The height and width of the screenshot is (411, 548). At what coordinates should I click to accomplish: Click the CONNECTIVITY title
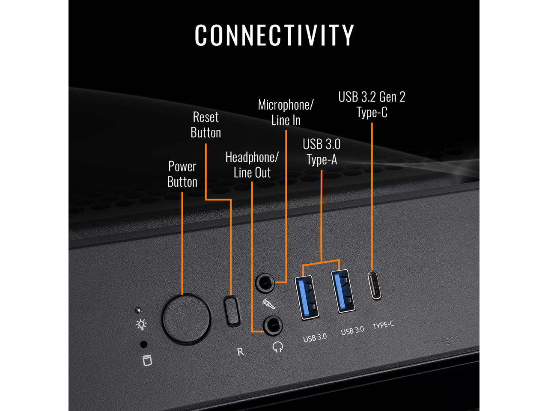tap(274, 35)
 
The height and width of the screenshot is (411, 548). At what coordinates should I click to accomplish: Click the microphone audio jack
tap(265, 283)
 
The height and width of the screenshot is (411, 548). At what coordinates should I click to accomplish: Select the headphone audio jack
tap(272, 326)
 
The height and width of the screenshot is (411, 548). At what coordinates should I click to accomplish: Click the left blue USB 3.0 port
tap(307, 298)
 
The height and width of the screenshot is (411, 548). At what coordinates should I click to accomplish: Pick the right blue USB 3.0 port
tap(343, 291)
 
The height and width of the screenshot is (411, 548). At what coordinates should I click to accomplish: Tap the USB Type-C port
tap(375, 285)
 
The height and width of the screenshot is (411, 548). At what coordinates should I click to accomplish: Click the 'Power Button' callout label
tap(182, 174)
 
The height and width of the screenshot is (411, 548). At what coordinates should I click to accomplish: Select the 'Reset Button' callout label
tap(206, 125)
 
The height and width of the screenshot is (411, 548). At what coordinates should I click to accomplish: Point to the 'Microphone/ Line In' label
tap(286, 113)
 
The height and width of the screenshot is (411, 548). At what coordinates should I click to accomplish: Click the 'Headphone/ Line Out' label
tap(252, 165)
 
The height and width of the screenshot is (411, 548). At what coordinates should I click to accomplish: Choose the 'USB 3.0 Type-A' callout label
tap(322, 152)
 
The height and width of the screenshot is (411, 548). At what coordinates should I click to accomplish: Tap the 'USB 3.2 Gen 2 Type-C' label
tap(372, 104)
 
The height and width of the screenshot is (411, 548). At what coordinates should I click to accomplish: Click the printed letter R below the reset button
tap(241, 351)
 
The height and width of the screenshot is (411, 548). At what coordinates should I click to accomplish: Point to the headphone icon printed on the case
tap(278, 346)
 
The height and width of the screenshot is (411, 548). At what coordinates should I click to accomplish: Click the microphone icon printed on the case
tap(268, 304)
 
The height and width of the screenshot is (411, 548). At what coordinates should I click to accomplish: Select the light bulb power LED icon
tap(141, 325)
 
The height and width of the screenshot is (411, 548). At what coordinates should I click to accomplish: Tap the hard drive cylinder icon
tap(147, 360)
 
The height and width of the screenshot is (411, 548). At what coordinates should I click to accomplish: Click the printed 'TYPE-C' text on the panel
tap(383, 325)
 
